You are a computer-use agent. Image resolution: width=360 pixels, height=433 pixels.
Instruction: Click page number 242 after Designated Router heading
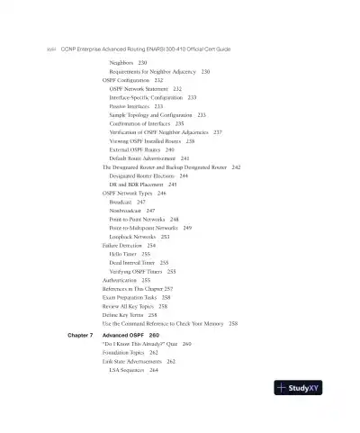[x=236, y=167]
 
